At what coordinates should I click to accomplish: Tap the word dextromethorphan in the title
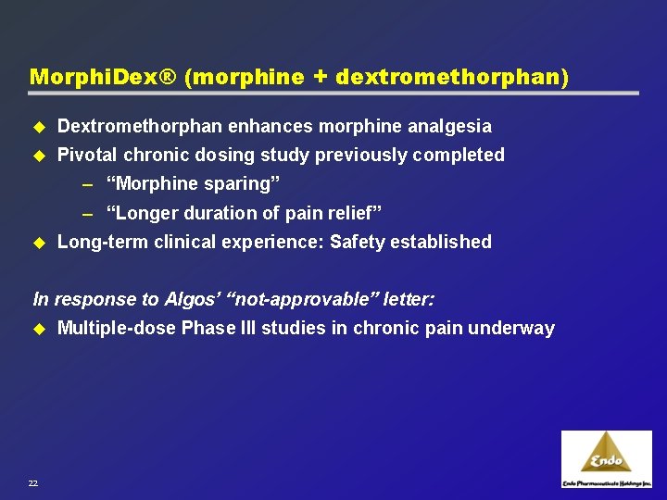pyautogui.click(x=449, y=77)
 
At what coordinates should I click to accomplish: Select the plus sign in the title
pyautogui.click(x=319, y=77)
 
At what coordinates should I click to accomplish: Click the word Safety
pyautogui.click(x=358, y=242)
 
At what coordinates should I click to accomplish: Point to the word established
pyautogui.click(x=441, y=242)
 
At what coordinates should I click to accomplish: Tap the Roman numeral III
pyautogui.click(x=279, y=328)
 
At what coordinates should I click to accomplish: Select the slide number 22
pyautogui.click(x=33, y=482)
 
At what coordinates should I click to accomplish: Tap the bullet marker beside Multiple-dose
pyautogui.click(x=39, y=328)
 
